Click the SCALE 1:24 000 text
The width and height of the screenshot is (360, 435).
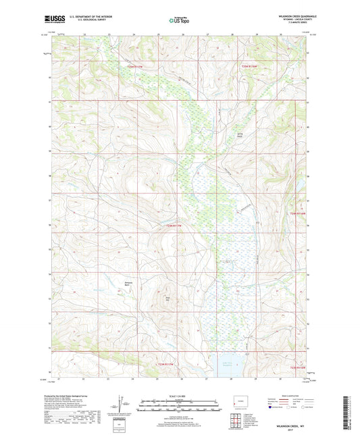179,395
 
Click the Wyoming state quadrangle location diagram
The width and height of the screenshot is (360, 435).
239,403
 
